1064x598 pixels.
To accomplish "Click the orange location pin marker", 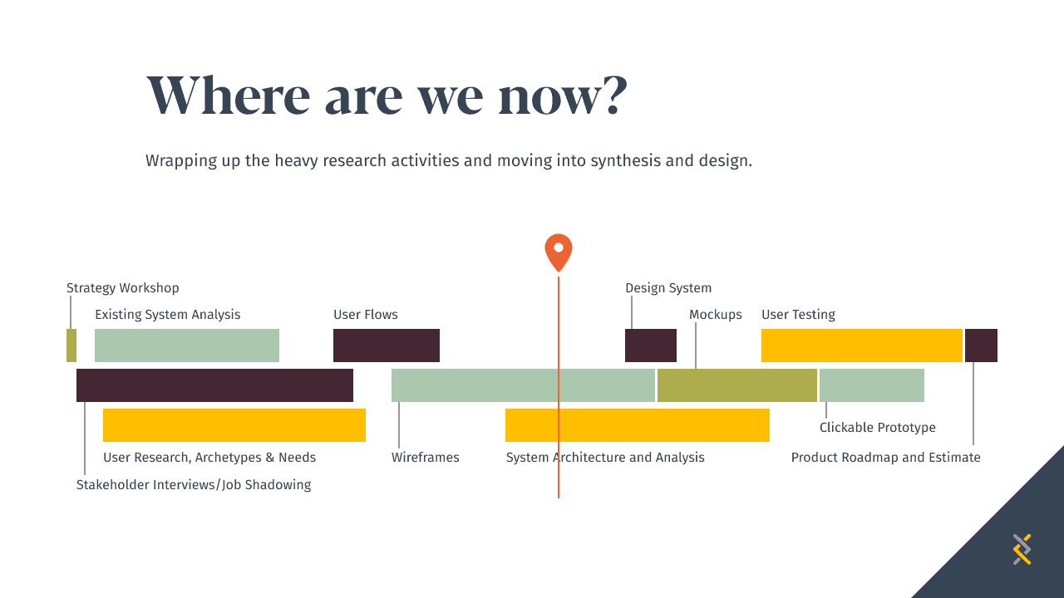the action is (x=558, y=252).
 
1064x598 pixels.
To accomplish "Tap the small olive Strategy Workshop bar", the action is (x=71, y=346).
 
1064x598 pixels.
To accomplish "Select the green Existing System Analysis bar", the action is (x=187, y=346).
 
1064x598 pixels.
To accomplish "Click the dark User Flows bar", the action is (x=387, y=346).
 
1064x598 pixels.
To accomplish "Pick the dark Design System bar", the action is (x=651, y=346).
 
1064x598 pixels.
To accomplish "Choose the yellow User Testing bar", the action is (x=862, y=346).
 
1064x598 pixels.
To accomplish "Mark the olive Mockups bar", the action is (x=737, y=385).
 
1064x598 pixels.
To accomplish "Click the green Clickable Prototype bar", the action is (x=872, y=385).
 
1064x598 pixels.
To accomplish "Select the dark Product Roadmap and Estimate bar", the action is (x=981, y=346).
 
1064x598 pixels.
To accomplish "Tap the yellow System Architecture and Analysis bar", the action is (x=638, y=425).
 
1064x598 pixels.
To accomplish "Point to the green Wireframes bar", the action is (x=523, y=385).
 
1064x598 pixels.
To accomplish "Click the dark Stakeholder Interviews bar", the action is (x=214, y=385).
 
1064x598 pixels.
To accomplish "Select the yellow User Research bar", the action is (x=234, y=425).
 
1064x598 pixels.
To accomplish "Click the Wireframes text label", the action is (x=425, y=458).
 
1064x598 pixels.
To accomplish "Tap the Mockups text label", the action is (x=716, y=315).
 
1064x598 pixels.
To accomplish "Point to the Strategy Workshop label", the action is (x=122, y=288).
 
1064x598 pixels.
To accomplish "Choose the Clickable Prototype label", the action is (x=877, y=428).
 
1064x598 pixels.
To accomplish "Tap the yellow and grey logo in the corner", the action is (x=1022, y=550).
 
